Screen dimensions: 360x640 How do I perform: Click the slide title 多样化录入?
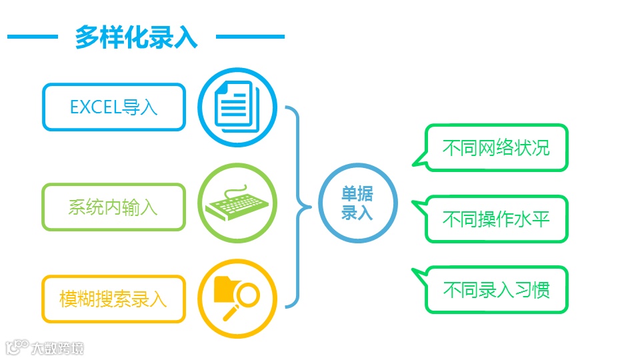pos(136,37)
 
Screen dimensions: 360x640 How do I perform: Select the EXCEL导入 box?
pos(113,107)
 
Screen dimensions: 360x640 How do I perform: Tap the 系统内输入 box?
pos(113,207)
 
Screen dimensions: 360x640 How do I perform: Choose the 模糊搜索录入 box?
pos(113,299)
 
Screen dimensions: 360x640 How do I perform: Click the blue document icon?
pos(237,107)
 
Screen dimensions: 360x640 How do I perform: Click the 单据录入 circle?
pos(357,203)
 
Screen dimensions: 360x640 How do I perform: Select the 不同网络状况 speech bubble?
pos(496,147)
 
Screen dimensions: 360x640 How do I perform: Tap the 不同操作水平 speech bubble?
pos(496,219)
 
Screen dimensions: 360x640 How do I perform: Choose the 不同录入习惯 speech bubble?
pos(496,290)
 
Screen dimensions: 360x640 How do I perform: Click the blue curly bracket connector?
pos(297,207)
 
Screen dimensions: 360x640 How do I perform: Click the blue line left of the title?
pos(31,37)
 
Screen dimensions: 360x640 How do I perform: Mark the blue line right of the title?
pos(250,37)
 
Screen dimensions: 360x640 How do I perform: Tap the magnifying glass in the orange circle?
pos(247,295)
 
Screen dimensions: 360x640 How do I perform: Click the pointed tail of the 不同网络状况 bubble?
pos(417,159)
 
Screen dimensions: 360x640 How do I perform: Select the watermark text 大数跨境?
pos(57,348)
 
